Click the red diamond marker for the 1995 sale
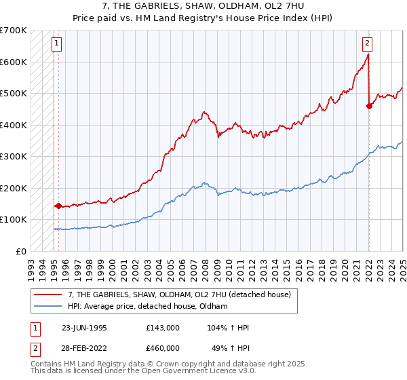click(58, 206)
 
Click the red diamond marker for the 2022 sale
click(369, 105)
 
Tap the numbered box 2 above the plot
click(367, 43)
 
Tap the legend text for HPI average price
click(147, 307)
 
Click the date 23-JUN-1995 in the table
click(84, 328)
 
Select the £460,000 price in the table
click(163, 347)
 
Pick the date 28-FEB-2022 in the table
click(84, 347)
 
